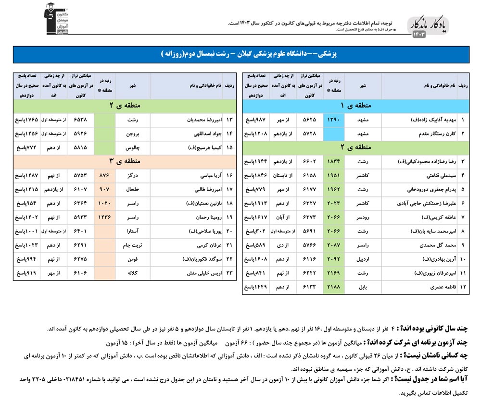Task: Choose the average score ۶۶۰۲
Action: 310,162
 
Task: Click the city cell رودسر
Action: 363,218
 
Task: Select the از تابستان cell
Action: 283,176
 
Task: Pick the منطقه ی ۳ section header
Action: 125,161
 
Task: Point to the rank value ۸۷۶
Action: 105,176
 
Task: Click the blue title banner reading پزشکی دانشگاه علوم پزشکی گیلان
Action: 241,54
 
